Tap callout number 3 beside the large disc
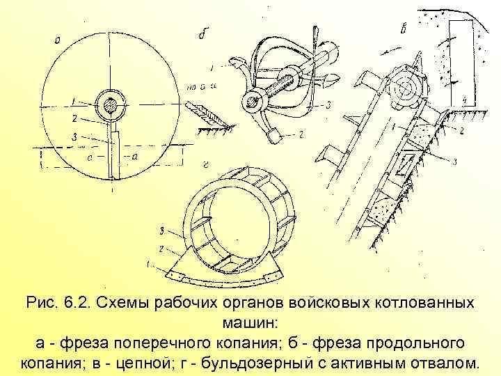point(74,137)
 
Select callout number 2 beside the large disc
point(74,118)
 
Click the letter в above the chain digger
point(403,29)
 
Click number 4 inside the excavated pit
point(464,100)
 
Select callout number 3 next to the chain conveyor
point(453,162)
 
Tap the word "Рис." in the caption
point(43,304)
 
